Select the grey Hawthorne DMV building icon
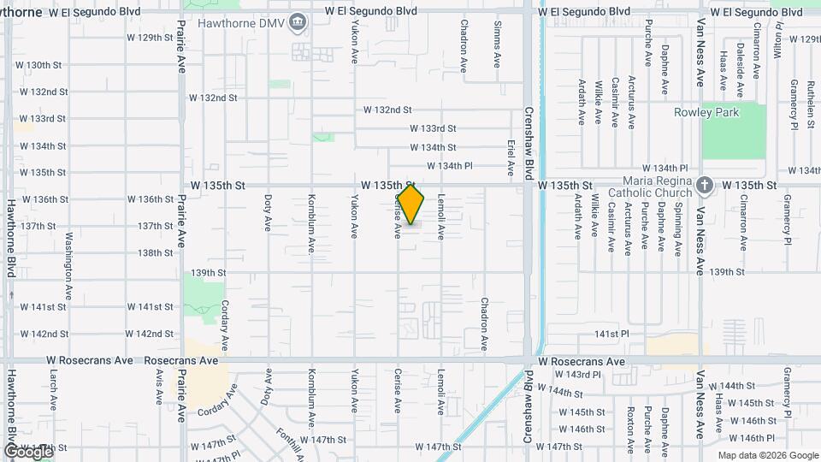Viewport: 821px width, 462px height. tap(298, 22)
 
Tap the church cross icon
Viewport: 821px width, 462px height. tap(704, 185)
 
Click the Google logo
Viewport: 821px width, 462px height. tap(27, 451)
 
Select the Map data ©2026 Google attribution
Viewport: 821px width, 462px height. tap(767, 455)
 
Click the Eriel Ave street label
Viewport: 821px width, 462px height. tap(511, 157)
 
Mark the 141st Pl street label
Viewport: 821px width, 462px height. tap(612, 334)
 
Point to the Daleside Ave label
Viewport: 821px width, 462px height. tap(740, 58)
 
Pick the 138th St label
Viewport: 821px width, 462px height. tap(156, 253)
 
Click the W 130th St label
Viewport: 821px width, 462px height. tap(39, 65)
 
